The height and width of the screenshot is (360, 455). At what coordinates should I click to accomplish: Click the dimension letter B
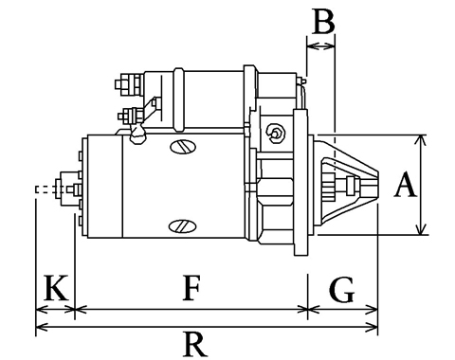pos(323,21)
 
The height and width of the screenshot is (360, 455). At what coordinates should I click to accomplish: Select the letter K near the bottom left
pos(56,288)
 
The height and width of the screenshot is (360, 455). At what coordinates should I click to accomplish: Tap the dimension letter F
pos(191,288)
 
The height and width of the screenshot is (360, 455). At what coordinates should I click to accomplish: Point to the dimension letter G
pos(342,289)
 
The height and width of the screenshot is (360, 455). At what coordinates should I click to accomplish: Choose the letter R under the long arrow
pos(195,344)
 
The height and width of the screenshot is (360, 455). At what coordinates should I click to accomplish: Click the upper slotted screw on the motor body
pos(183,147)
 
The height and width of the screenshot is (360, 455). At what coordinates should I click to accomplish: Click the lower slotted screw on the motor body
pos(183,226)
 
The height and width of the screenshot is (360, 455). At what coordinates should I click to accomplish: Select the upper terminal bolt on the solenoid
pos(129,84)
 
